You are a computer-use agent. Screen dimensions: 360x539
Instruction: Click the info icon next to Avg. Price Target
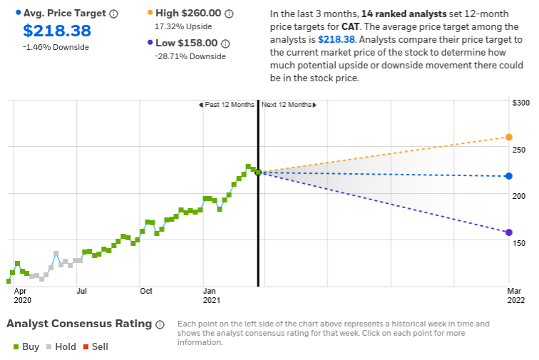coord(114,14)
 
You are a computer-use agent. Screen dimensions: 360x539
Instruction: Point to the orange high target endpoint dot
coord(508,137)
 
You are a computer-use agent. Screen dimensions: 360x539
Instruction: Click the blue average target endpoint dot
coord(508,176)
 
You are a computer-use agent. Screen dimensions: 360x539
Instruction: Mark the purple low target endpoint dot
coord(508,232)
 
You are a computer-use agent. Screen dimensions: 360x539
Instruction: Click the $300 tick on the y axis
coord(522,103)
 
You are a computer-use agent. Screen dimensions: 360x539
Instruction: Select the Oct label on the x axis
coord(146,291)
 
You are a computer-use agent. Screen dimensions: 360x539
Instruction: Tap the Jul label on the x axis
coord(82,291)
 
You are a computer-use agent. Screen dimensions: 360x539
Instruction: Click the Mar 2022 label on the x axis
coord(515,295)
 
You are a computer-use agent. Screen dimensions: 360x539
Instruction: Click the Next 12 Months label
coord(287,105)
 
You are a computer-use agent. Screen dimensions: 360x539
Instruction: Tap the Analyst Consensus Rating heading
coord(79,324)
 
